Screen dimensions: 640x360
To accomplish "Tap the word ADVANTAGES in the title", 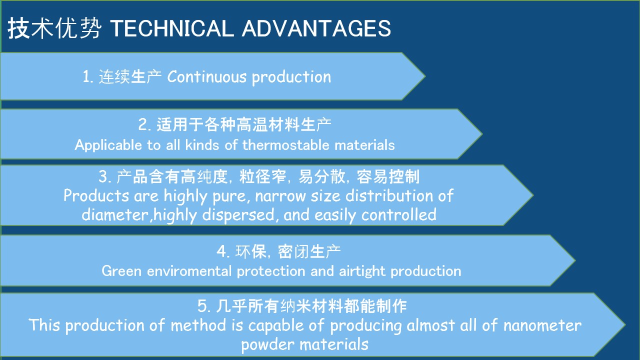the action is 316,28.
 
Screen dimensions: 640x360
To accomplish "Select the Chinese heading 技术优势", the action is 54,27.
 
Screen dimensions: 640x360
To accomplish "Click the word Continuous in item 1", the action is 206,76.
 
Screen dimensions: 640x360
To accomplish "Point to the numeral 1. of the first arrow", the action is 87,76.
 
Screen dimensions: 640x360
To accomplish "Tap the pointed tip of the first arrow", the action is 425,76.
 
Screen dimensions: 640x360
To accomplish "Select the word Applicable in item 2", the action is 108,145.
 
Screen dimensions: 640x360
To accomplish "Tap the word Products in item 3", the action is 96,195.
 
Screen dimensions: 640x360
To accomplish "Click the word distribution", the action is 389,195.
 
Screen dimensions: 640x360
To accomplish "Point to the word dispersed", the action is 238,215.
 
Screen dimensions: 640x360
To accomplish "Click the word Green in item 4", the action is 121,271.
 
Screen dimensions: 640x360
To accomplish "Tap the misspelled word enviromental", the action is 189,271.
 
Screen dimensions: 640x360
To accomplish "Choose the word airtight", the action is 362,271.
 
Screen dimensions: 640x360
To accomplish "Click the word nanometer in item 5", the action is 542,325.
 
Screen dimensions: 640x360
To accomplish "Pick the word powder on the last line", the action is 267,344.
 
